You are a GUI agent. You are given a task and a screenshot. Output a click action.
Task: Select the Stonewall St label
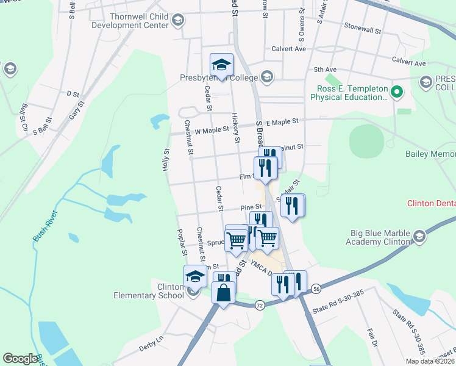pyautogui.click(x=362, y=28)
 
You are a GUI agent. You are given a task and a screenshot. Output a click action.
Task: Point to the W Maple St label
pyautogui.click(x=210, y=130)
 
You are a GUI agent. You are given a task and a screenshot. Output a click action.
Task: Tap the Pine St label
pyautogui.click(x=251, y=208)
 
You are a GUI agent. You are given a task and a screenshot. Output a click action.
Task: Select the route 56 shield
pyautogui.click(x=315, y=288)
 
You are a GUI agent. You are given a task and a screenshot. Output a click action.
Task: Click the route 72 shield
pyautogui.click(x=260, y=304)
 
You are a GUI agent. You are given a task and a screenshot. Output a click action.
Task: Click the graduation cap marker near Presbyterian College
pyautogui.click(x=221, y=64)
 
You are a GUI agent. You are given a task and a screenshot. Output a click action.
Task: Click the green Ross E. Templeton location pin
pyautogui.click(x=396, y=92)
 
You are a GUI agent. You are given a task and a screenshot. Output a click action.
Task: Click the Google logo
pyautogui.click(x=20, y=359)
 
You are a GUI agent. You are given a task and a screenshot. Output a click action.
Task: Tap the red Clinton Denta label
pyautogui.click(x=431, y=203)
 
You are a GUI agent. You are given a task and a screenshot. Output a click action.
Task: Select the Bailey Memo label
pyautogui.click(x=430, y=154)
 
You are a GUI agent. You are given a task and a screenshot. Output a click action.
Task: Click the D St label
pyautogui.click(x=73, y=94)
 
